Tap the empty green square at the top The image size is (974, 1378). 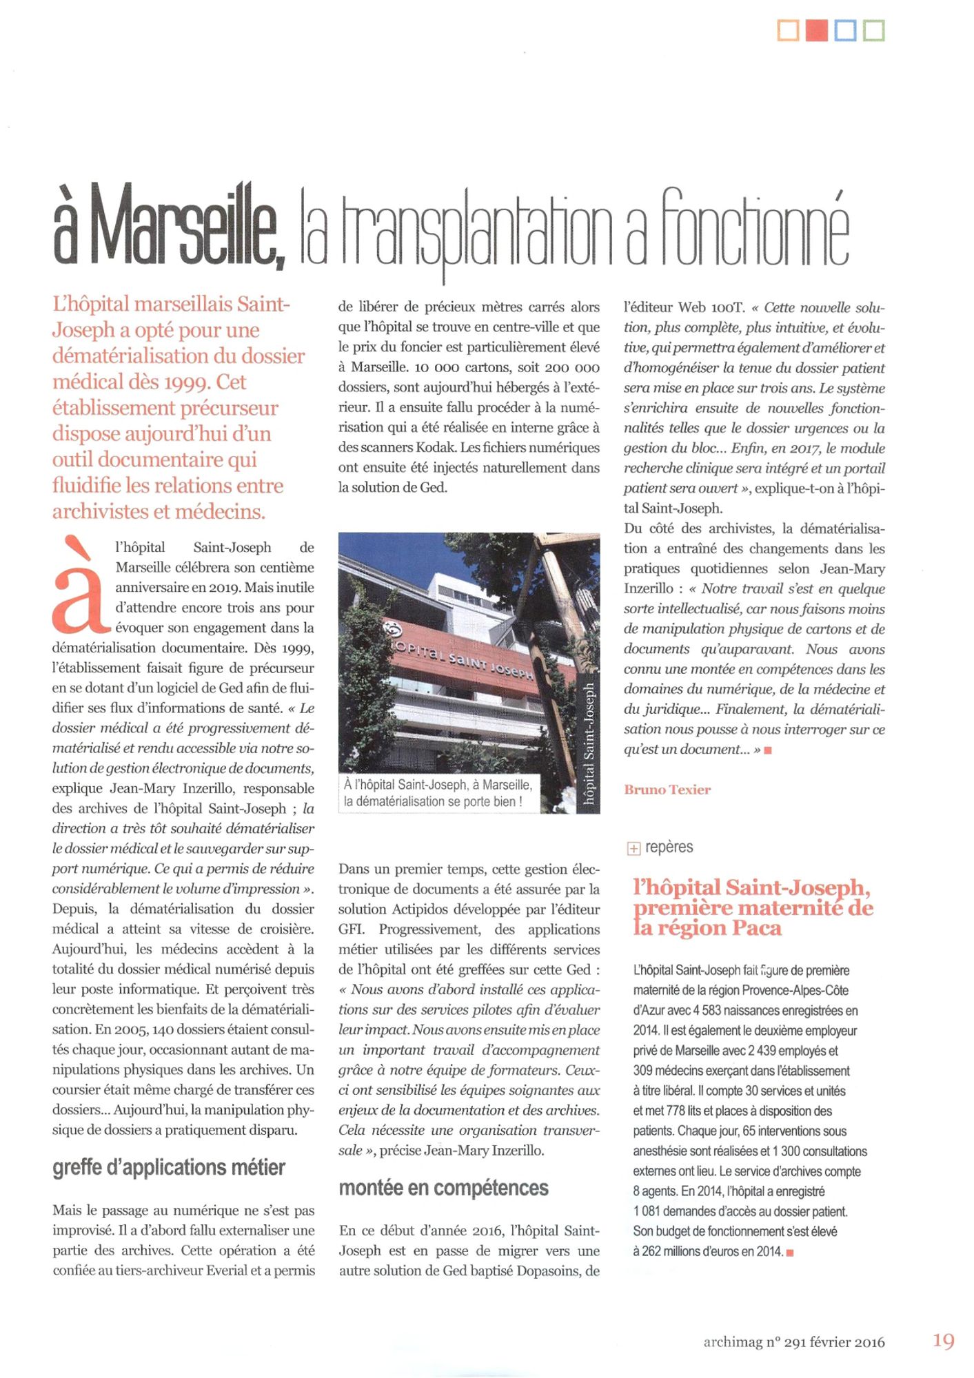873,31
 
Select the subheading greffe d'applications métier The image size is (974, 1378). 169,1167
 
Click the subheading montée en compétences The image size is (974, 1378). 443,1188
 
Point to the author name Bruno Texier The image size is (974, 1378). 667,790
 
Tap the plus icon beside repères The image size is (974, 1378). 633,849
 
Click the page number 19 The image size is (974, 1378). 943,1341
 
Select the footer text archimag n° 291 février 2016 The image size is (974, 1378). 793,1341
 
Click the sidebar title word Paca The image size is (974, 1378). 757,928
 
